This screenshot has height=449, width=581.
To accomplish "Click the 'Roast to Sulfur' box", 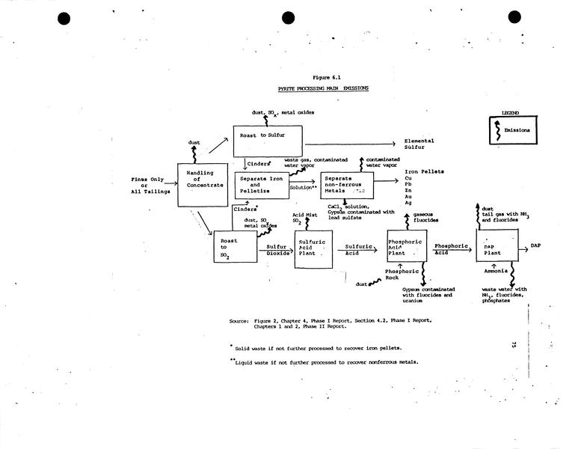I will tap(268, 141).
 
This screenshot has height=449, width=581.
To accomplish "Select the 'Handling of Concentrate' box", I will tap(200, 185).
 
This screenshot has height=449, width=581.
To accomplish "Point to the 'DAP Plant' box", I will tap(497, 245).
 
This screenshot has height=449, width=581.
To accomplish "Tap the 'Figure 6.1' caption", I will tap(327, 77).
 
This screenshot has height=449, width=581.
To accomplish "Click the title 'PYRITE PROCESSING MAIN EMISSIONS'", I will tap(323, 88).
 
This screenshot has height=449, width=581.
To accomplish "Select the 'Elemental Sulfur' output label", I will tap(419, 144).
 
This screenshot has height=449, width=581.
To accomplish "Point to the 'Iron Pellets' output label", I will tap(420, 172).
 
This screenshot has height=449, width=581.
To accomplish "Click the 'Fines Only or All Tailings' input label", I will tap(150, 186).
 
